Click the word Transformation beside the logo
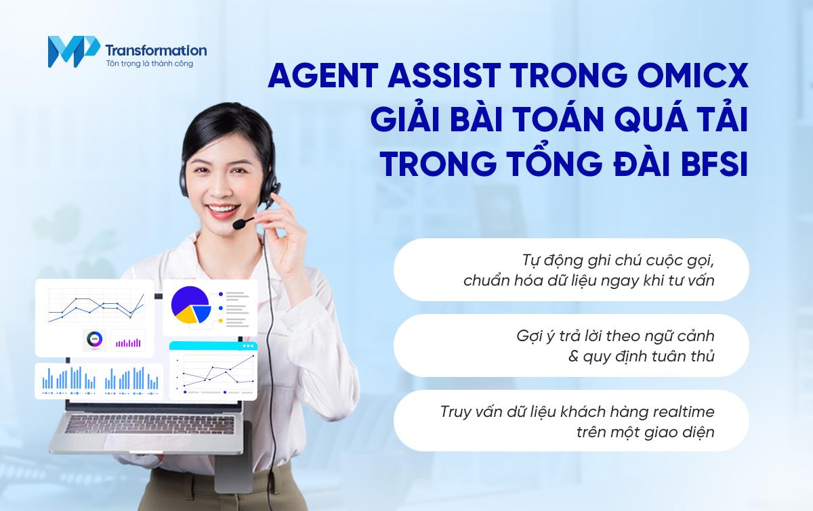156,49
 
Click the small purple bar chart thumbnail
127,340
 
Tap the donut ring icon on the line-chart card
95,340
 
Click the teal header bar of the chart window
213,346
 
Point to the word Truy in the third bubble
455,411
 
